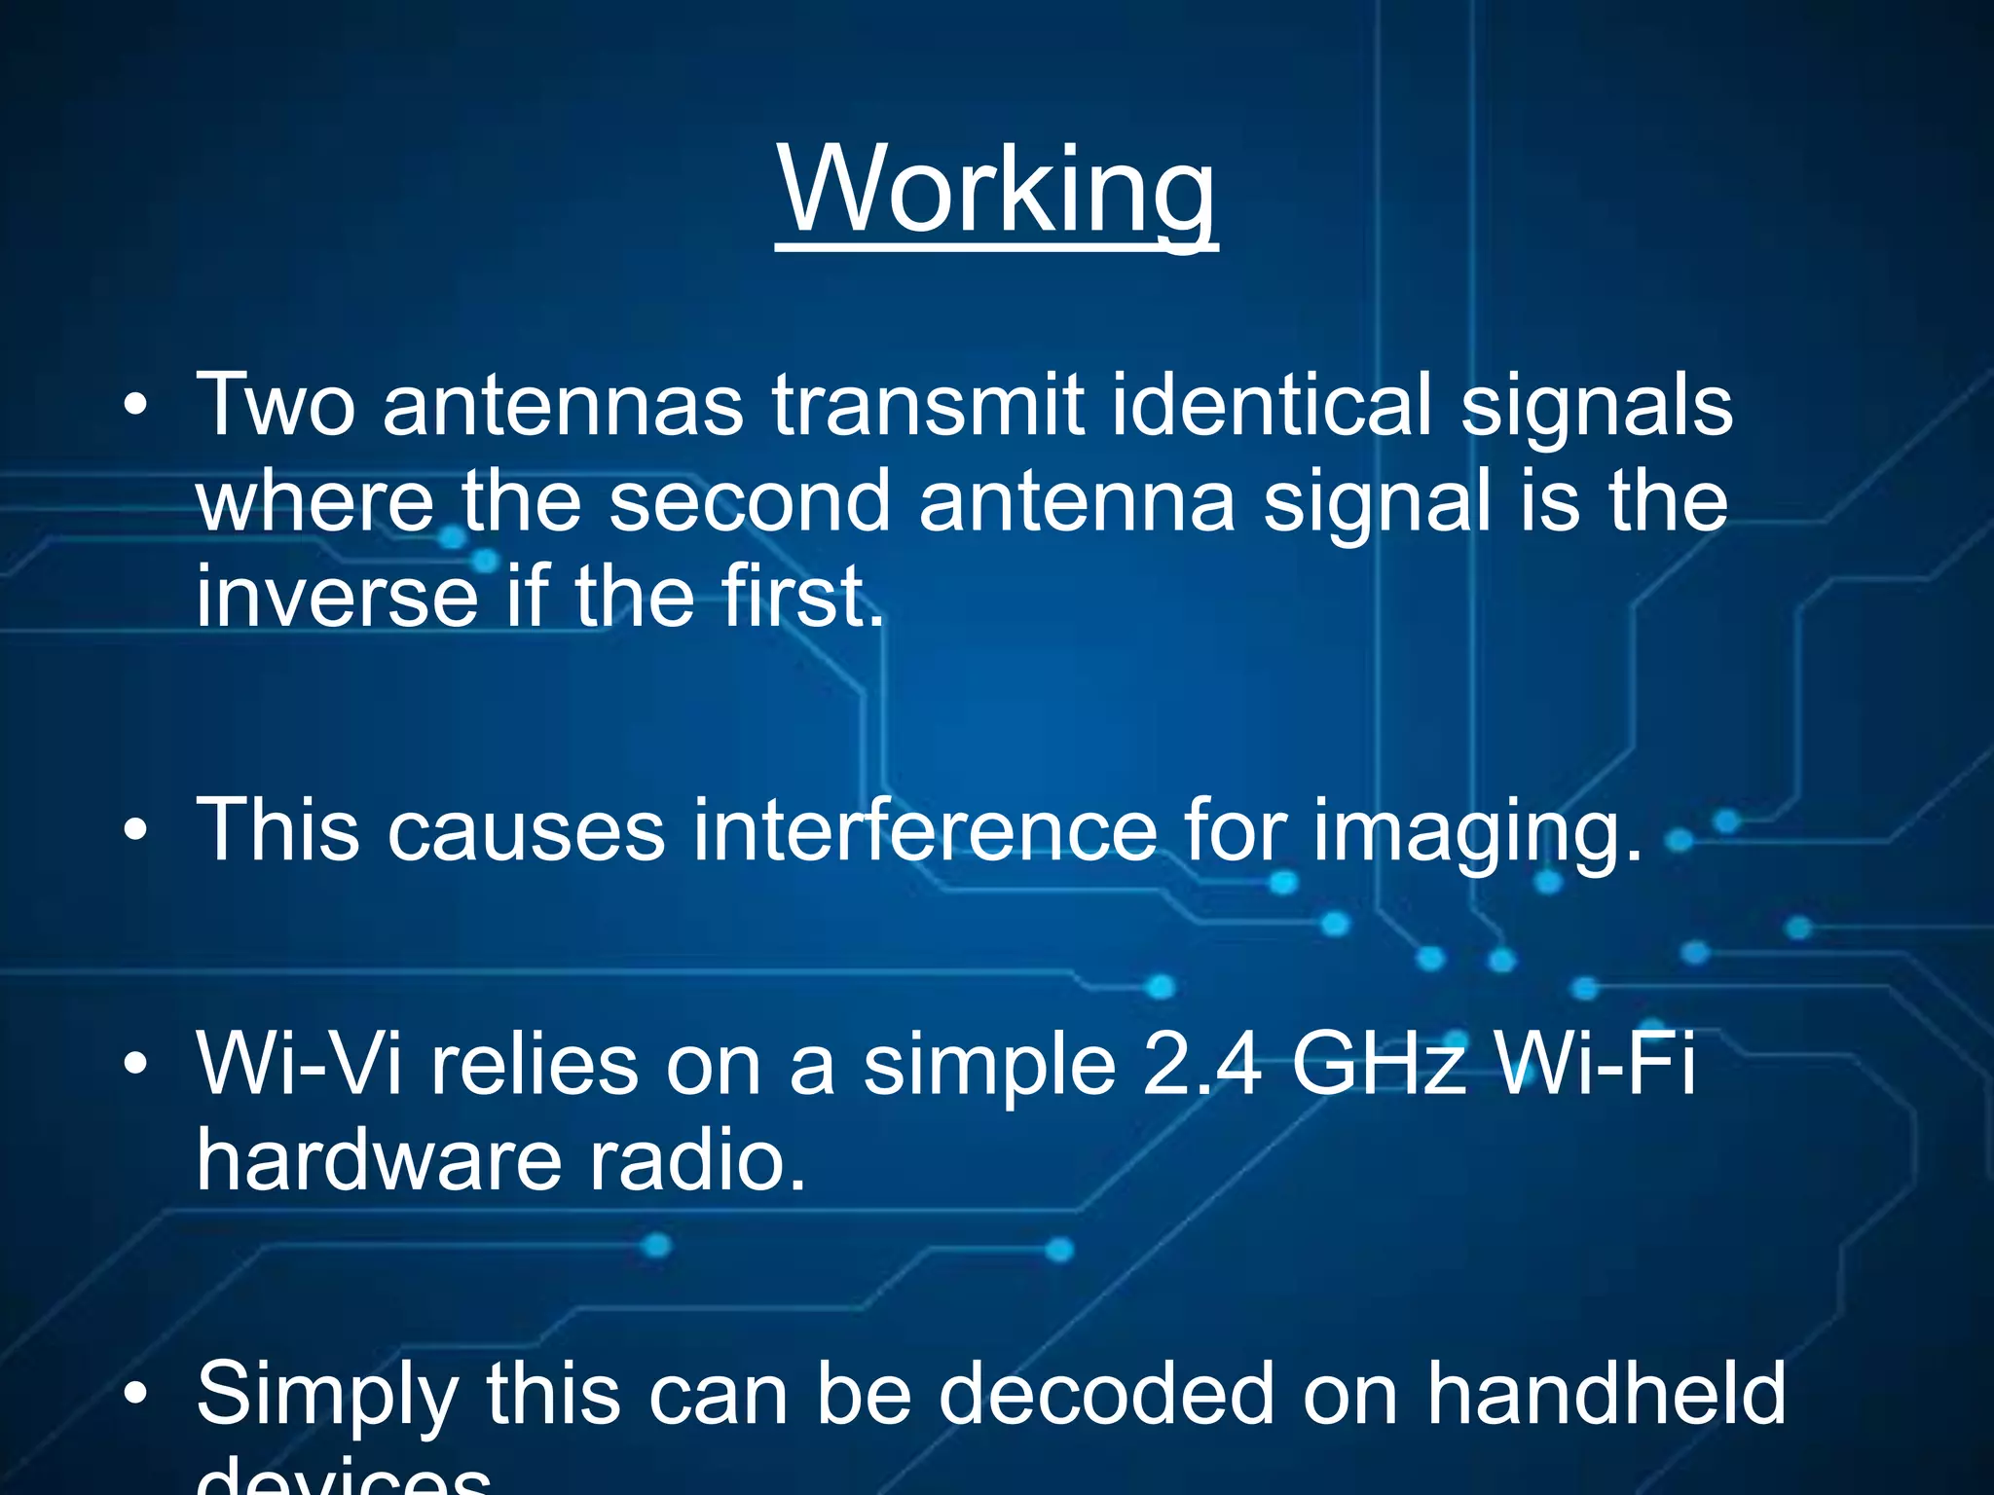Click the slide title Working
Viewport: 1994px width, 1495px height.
(996, 190)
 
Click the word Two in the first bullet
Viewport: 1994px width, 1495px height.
(276, 405)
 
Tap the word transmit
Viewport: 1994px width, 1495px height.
(928, 405)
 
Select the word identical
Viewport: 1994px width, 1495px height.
(1271, 405)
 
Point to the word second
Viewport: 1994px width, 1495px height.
(750, 500)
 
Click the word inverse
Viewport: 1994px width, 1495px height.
(337, 596)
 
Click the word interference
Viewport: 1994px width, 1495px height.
(924, 830)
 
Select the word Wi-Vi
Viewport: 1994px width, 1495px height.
(300, 1064)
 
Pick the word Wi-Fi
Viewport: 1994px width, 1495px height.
(1597, 1064)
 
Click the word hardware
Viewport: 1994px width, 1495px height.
(378, 1160)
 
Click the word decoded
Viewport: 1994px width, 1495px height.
(1106, 1394)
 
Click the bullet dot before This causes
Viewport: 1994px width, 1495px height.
(135, 830)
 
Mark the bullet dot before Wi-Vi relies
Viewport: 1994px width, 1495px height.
(135, 1064)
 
